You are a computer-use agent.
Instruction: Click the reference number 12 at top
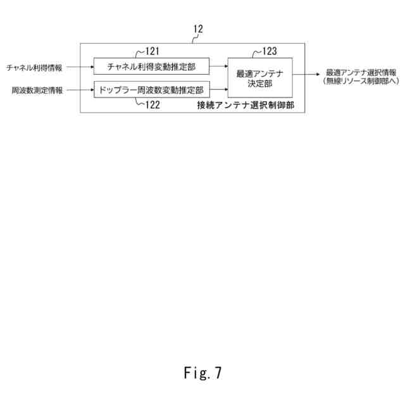pos(198,29)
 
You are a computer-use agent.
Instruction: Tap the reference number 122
pos(152,106)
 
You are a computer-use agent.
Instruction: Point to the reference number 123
pos(270,51)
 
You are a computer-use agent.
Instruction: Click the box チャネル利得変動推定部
pos(151,66)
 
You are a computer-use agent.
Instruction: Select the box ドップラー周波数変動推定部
pos(151,90)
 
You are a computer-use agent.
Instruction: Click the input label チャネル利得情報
pos(35,66)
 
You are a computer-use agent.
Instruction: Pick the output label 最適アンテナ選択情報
pos(361,72)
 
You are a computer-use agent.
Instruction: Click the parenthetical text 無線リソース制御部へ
pos(361,81)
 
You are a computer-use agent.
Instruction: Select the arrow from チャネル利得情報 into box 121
pos(79,66)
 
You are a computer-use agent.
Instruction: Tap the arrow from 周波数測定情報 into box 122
pos(79,90)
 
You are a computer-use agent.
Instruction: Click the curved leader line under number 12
pos(194,39)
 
